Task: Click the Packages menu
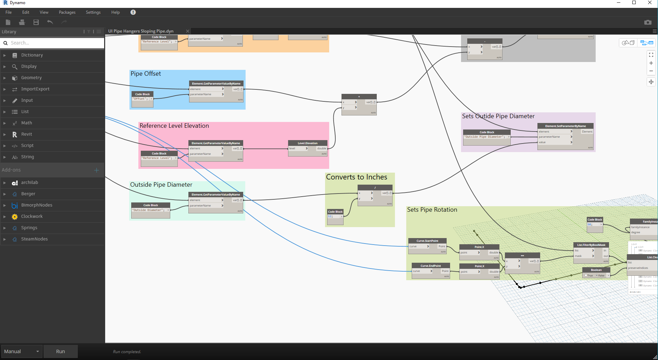click(x=67, y=12)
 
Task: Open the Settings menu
click(x=93, y=12)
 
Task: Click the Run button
click(x=61, y=351)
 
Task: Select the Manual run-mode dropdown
click(x=22, y=351)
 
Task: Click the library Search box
click(x=55, y=43)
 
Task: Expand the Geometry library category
click(x=31, y=78)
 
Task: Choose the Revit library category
click(x=26, y=134)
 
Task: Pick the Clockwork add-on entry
click(x=32, y=216)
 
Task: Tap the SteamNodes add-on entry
click(x=34, y=239)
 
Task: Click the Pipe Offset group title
click(x=146, y=74)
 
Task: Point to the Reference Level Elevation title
click(x=174, y=126)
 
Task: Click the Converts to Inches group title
click(x=356, y=177)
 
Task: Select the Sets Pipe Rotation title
click(x=432, y=210)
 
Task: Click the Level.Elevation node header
click(x=308, y=143)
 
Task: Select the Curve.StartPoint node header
click(x=427, y=241)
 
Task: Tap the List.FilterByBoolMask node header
click(x=591, y=245)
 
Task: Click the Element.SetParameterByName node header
click(x=566, y=126)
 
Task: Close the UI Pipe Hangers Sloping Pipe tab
click(x=188, y=31)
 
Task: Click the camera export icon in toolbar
click(x=648, y=22)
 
